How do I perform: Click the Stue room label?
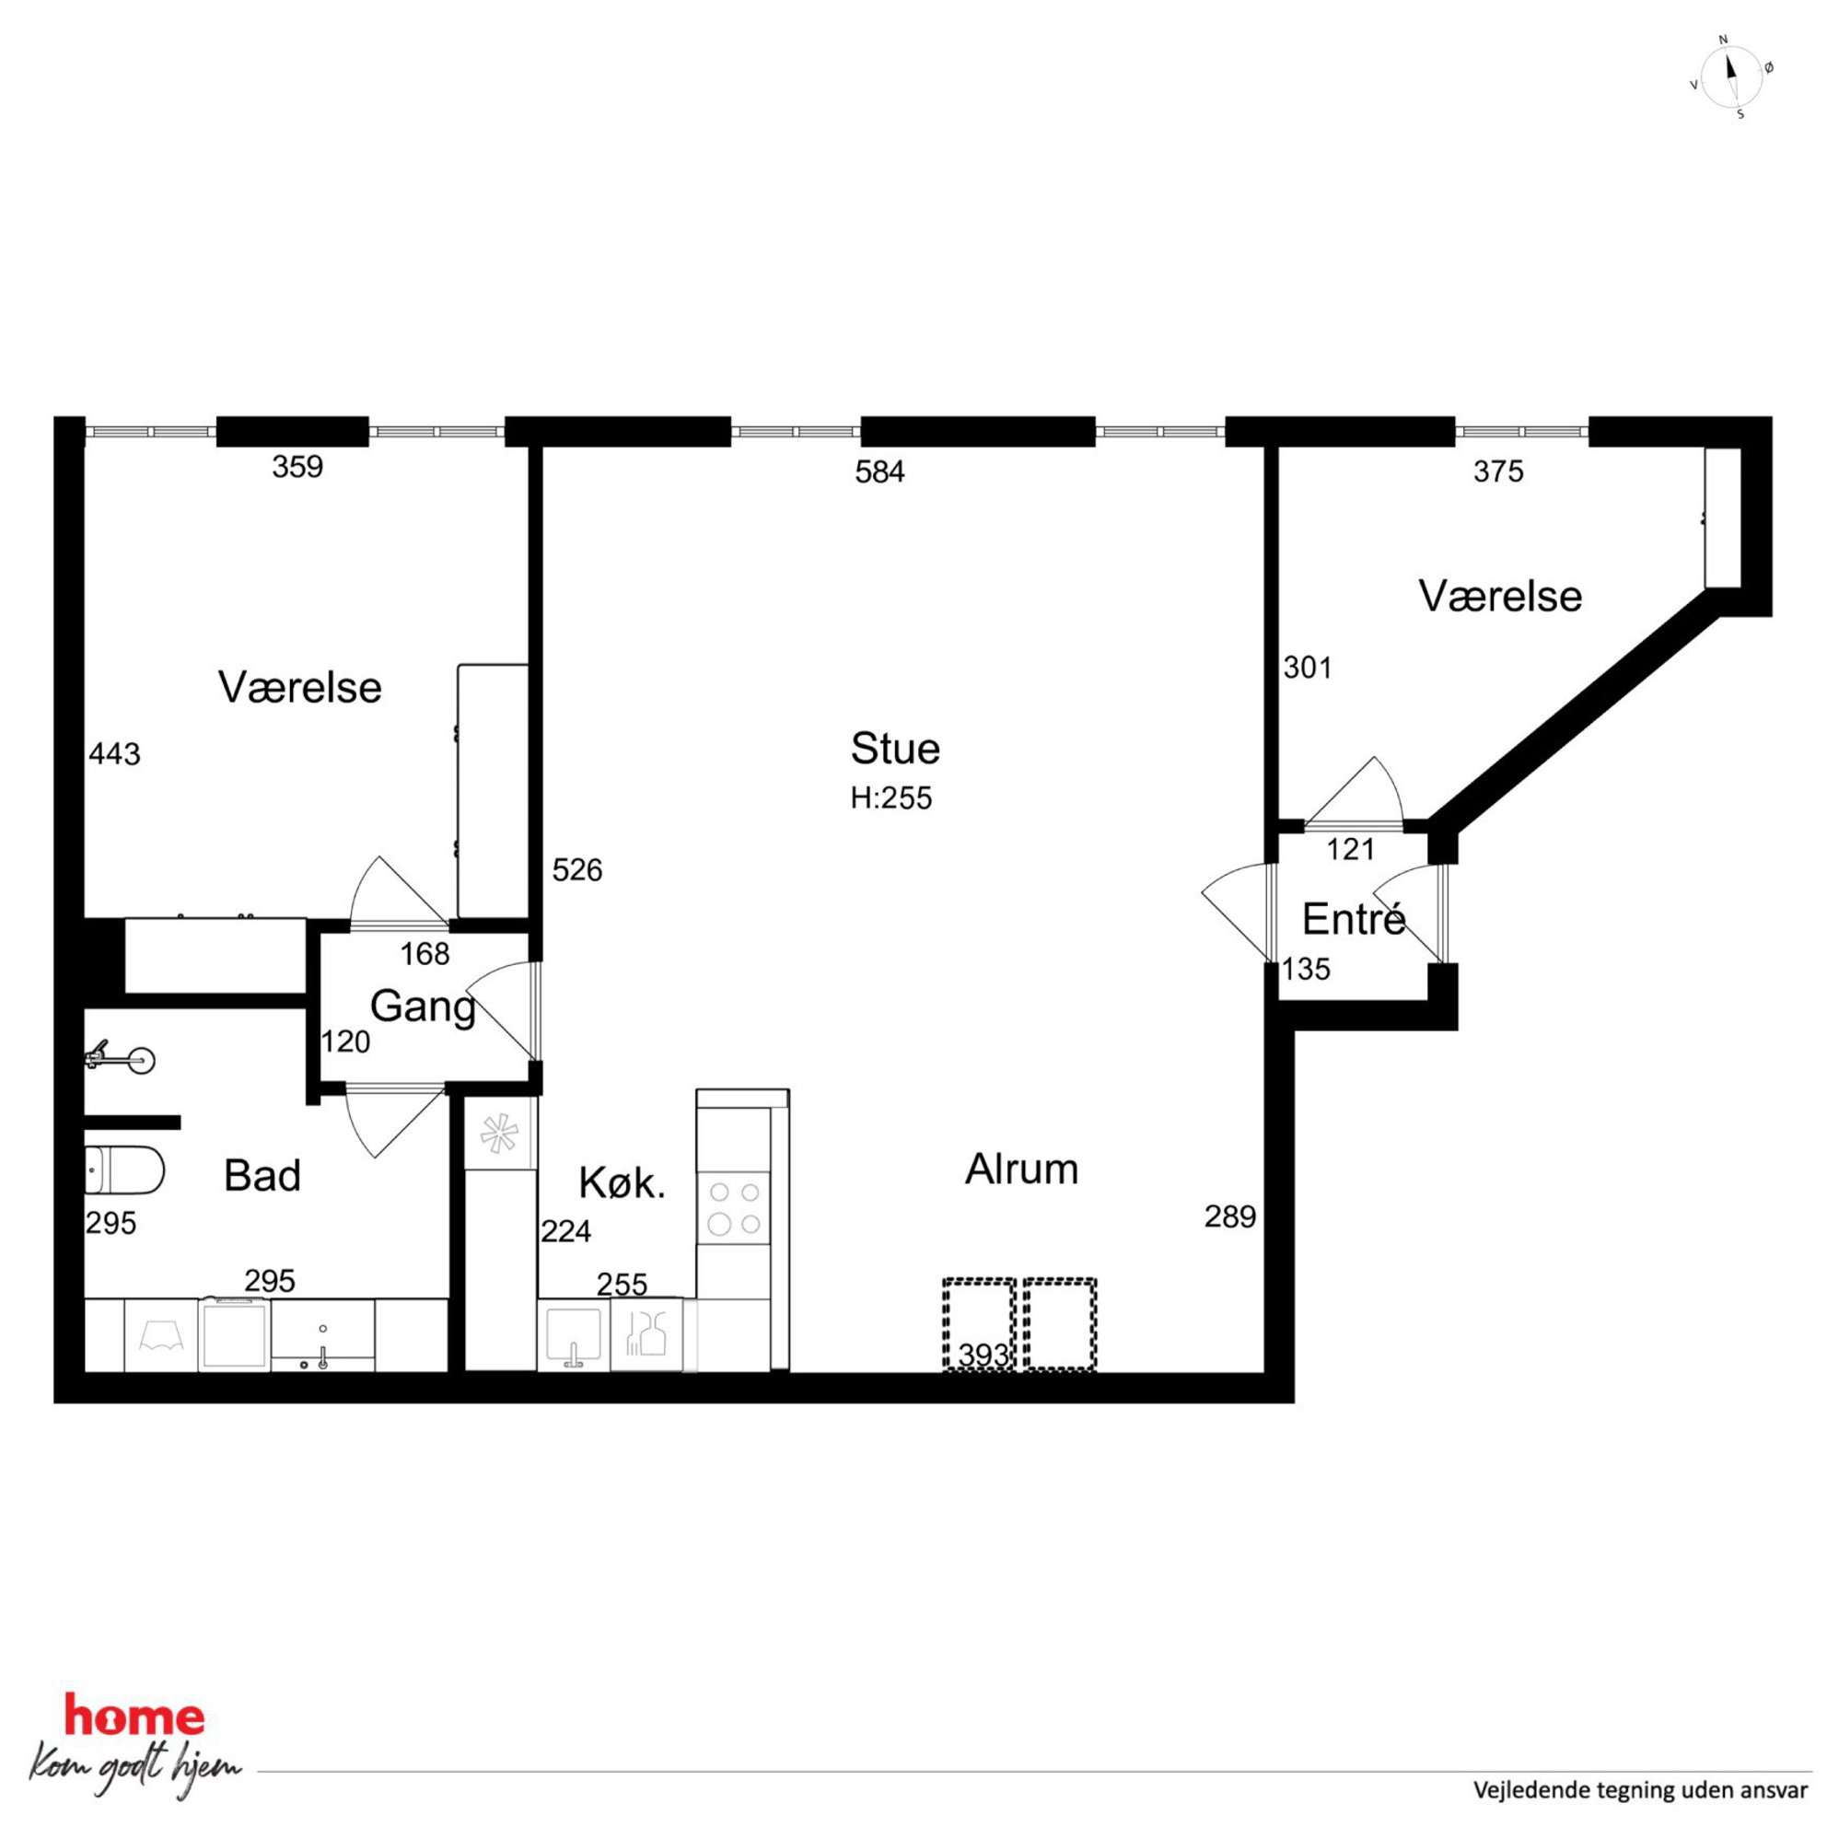[894, 749]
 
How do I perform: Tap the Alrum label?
[1021, 1170]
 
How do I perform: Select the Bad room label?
[262, 1176]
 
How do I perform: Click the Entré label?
[1354, 918]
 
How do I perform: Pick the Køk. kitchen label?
[623, 1183]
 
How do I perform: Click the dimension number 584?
[879, 471]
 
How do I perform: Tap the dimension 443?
[114, 753]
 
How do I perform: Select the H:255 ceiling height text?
[890, 798]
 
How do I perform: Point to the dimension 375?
[1498, 471]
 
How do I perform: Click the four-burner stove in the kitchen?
[734, 1208]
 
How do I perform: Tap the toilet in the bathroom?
[124, 1170]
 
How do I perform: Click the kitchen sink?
[573, 1336]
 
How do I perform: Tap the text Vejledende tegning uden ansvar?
[1640, 1789]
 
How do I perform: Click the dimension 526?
[576, 870]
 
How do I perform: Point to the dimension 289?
[1229, 1216]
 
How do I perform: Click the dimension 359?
[297, 467]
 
